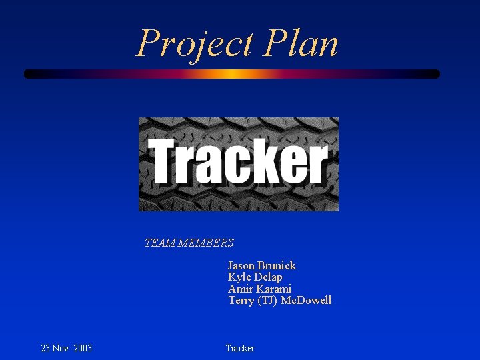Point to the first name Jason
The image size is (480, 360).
coord(241,265)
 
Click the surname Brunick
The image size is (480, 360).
coord(277,265)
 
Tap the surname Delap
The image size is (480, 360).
coord(268,277)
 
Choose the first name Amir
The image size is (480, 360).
coord(241,289)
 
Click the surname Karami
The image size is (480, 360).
coord(274,289)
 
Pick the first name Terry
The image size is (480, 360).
coord(241,301)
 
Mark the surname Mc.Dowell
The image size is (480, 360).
coord(306,301)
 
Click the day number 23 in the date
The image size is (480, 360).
coord(46,349)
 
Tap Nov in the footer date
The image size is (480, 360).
coord(62,349)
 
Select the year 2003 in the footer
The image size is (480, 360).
coord(83,349)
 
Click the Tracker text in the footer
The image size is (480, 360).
coord(240,349)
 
